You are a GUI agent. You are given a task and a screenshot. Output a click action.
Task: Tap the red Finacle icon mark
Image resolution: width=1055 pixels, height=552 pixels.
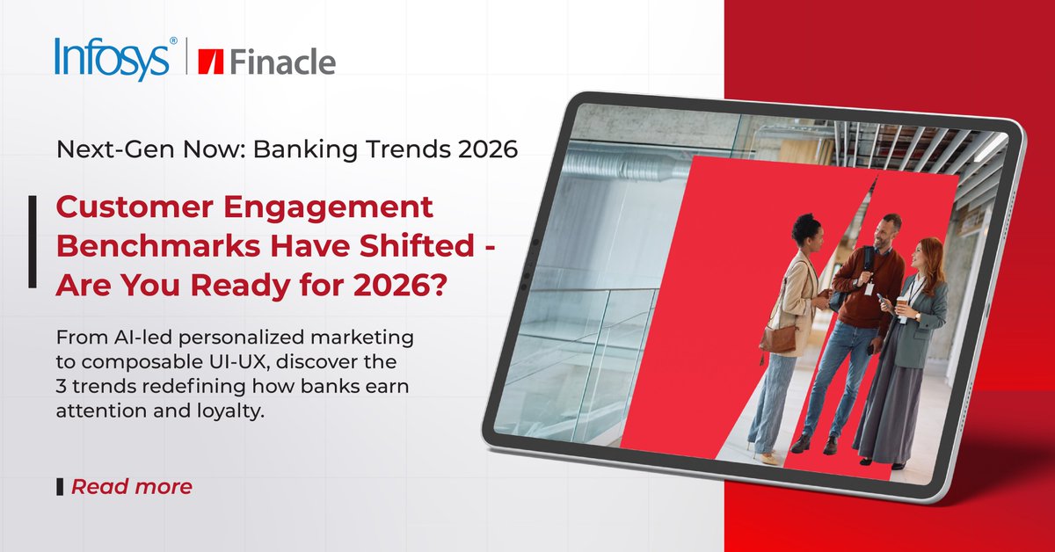(x=211, y=62)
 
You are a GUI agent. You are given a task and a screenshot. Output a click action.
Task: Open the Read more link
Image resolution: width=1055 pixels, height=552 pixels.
(x=131, y=486)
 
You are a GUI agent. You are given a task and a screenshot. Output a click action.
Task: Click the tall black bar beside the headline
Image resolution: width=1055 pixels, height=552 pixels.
(x=33, y=242)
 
